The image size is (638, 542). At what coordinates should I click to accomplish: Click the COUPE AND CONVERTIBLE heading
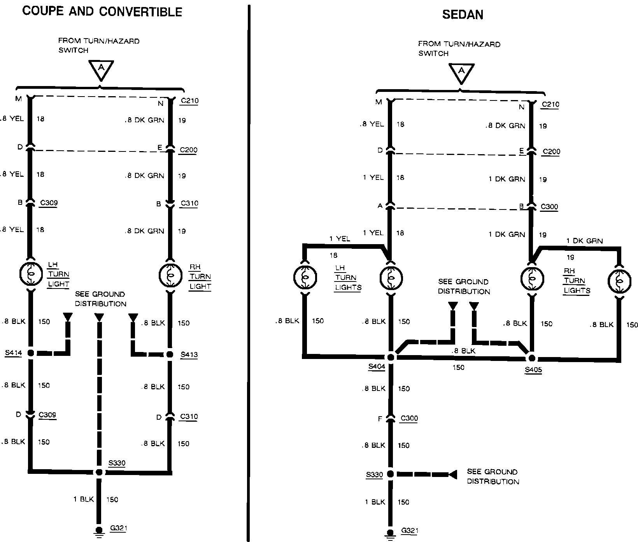(102, 11)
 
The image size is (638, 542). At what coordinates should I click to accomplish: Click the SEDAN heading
(463, 15)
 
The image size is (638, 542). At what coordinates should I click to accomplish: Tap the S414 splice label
(13, 353)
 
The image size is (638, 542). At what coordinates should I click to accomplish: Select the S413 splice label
(189, 355)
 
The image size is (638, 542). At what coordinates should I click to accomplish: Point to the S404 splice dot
(391, 357)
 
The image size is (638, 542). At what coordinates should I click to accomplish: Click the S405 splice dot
(531, 358)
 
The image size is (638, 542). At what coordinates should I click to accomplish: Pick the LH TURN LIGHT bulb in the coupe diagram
(31, 274)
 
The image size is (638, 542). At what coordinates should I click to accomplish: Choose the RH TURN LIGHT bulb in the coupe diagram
(170, 275)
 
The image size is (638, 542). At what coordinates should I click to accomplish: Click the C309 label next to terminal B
(49, 203)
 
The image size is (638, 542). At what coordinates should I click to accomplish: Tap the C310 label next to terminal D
(189, 417)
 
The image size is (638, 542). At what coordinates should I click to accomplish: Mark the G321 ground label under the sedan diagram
(410, 531)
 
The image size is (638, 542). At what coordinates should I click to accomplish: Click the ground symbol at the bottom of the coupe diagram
(99, 532)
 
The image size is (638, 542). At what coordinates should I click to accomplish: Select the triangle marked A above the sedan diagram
(461, 73)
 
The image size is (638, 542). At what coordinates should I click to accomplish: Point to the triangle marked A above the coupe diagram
(101, 69)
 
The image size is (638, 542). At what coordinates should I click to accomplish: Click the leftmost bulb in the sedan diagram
(305, 278)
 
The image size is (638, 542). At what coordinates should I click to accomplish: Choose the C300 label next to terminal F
(409, 419)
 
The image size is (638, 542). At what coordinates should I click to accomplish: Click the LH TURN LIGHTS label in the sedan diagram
(348, 278)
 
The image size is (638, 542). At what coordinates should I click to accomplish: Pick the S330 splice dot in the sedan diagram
(390, 474)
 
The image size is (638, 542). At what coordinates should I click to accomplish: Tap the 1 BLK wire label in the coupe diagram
(84, 499)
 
